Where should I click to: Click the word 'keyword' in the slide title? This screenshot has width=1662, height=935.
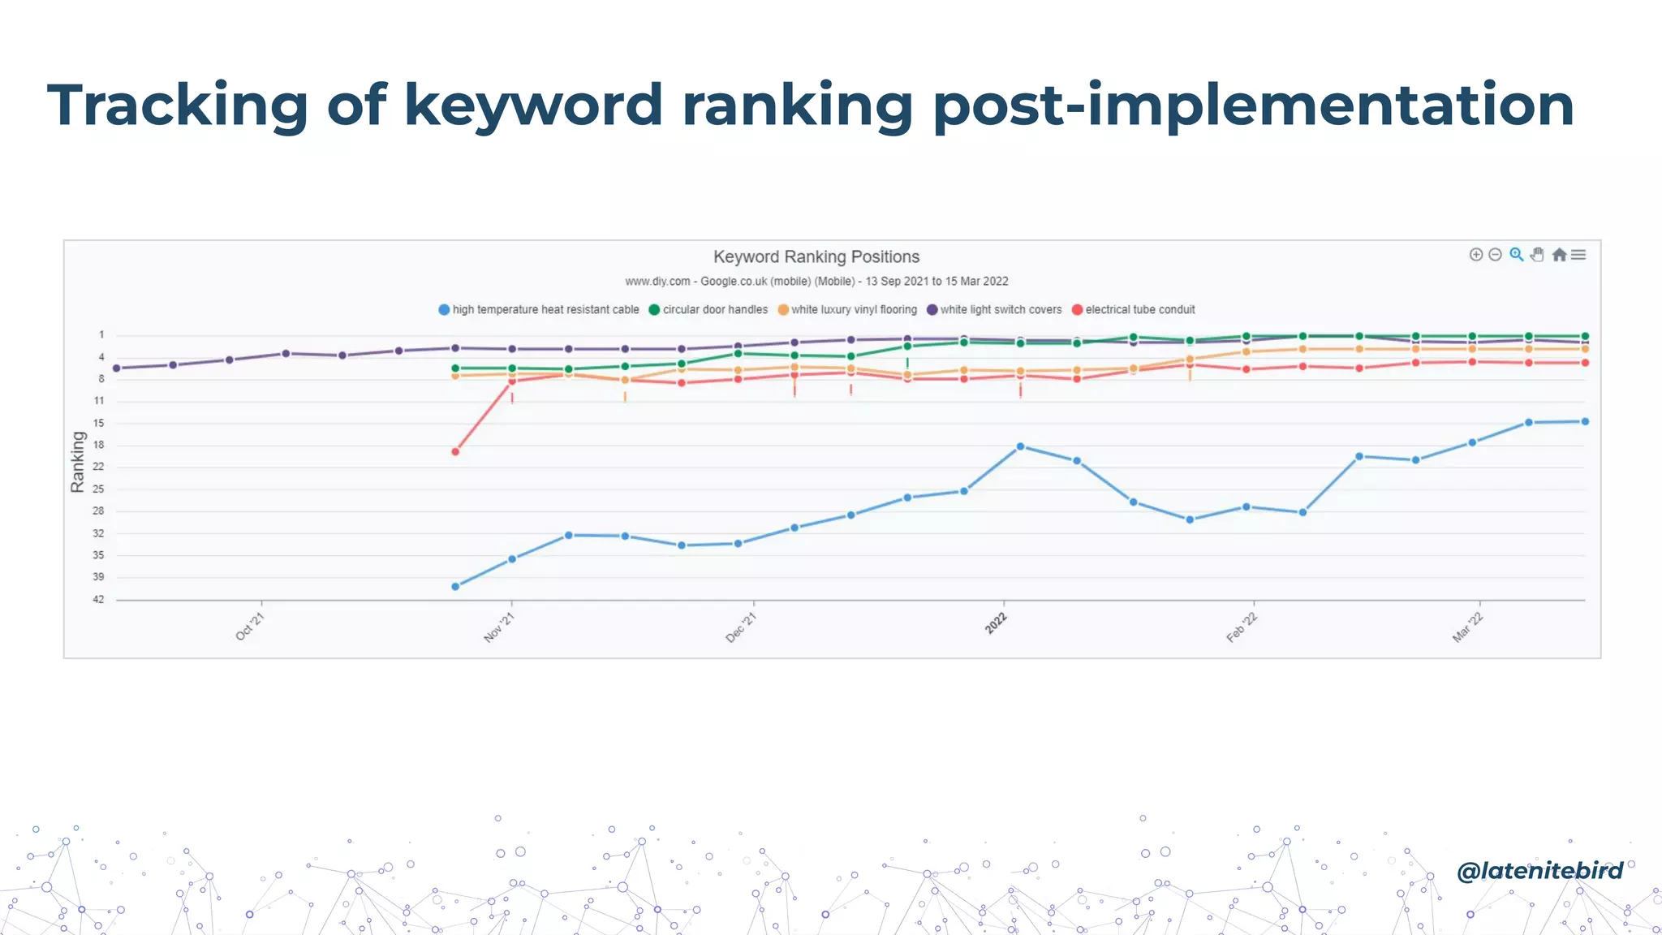click(533, 106)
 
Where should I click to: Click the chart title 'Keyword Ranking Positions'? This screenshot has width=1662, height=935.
click(816, 257)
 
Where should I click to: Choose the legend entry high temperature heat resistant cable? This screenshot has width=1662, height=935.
click(539, 310)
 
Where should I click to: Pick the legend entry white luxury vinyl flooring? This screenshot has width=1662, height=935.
click(847, 310)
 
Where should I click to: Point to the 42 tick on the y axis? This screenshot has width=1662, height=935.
click(98, 600)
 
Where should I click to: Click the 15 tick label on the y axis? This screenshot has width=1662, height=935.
click(98, 424)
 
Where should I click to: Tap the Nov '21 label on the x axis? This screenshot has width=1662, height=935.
click(499, 627)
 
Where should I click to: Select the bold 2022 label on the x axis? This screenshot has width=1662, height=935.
click(996, 623)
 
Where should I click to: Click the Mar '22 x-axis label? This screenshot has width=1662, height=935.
click(1467, 627)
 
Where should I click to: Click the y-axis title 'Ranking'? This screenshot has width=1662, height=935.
click(77, 462)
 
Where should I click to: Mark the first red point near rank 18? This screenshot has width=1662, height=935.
click(455, 452)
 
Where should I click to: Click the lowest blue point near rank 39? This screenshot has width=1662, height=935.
click(455, 587)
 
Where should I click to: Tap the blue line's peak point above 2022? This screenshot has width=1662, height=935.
click(1020, 447)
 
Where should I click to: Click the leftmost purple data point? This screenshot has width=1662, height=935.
click(117, 368)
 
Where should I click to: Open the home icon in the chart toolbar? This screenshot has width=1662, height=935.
click(1559, 255)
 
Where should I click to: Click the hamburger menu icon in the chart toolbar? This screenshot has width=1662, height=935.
click(1578, 255)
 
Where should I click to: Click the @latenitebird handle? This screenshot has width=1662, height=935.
click(1539, 871)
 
